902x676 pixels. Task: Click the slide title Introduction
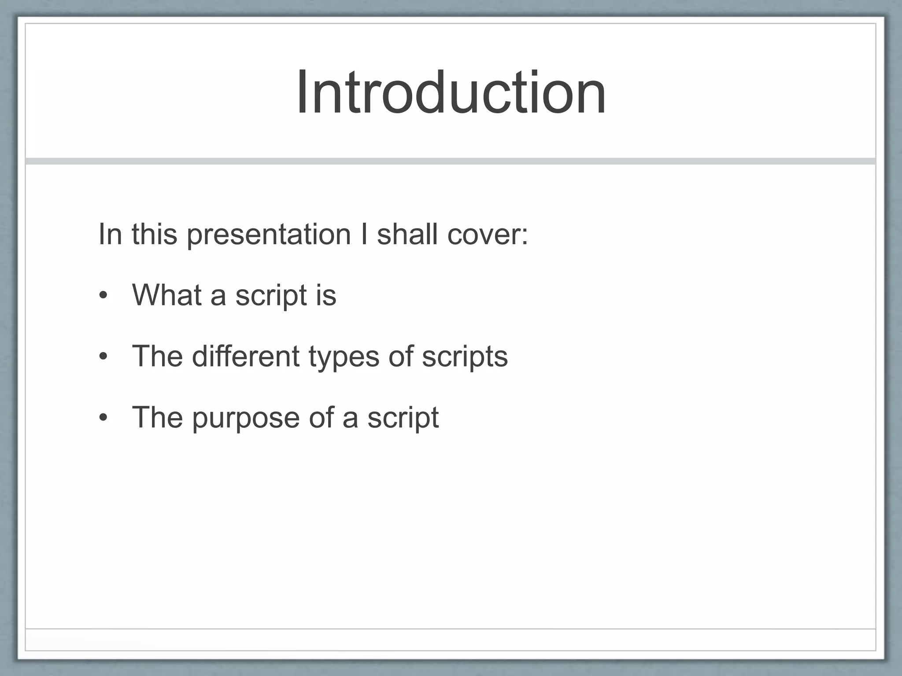451,93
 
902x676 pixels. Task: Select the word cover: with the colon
487,235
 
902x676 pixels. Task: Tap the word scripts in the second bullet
465,356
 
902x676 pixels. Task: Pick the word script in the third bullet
403,418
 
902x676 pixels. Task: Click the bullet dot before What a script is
103,296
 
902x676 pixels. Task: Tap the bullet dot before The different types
103,356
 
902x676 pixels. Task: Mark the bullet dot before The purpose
103,418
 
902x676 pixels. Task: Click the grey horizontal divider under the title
451,161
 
